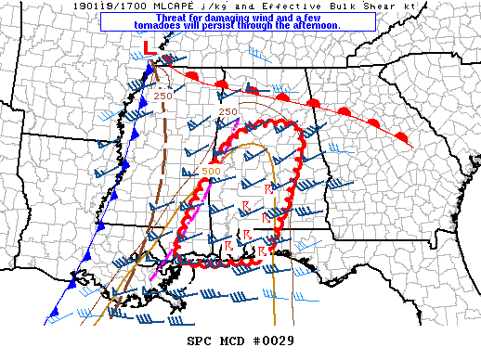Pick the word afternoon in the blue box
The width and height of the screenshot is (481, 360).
pyautogui.click(x=315, y=25)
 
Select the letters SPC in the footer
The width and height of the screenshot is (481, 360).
pyautogui.click(x=200, y=341)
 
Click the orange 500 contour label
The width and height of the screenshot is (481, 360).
pyautogui.click(x=211, y=171)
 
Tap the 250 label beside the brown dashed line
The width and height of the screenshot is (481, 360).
pyautogui.click(x=163, y=95)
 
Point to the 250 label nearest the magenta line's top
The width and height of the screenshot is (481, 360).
pyautogui.click(x=227, y=112)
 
